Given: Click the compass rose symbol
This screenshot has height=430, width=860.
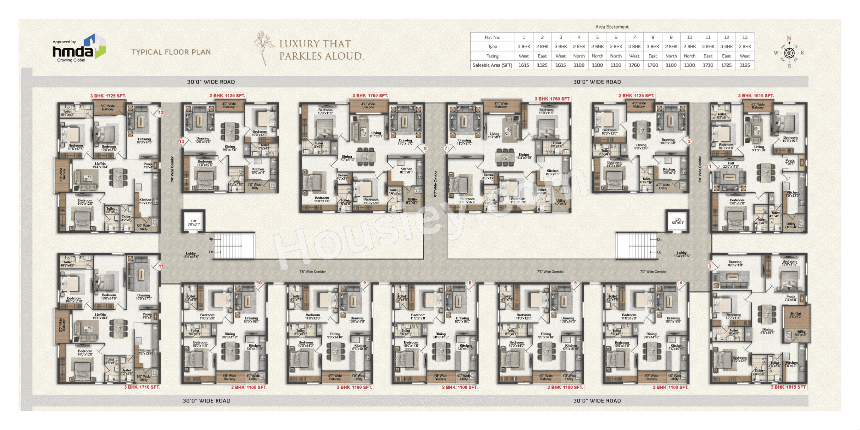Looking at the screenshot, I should (x=789, y=53).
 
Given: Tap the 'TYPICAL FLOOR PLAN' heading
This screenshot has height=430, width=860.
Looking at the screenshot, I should (x=171, y=52).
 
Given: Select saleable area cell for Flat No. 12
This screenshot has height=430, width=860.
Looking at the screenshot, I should (x=726, y=65).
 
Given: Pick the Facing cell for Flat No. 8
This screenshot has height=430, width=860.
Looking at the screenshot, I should (x=652, y=56).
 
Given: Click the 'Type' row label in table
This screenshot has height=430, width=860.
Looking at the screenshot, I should (x=492, y=47).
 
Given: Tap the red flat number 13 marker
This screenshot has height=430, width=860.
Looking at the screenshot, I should (x=182, y=141).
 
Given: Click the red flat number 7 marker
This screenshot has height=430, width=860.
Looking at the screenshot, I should (x=446, y=148).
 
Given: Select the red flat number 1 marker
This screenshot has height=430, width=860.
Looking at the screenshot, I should (x=710, y=166).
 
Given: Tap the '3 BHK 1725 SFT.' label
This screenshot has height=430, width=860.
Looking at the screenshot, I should (x=108, y=96).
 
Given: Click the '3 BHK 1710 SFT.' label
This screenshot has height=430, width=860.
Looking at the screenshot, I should (x=142, y=387).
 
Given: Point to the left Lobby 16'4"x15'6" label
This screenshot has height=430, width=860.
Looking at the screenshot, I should (x=191, y=255).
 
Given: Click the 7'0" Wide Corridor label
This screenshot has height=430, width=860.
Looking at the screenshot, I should (x=653, y=272).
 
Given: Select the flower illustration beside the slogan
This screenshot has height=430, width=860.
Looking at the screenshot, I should (x=262, y=48).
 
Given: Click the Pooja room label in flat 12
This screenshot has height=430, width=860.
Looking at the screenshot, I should (x=148, y=165).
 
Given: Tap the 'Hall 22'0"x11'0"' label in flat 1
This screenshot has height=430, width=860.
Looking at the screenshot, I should (x=731, y=165).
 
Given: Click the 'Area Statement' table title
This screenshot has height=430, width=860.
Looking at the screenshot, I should (x=612, y=27).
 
